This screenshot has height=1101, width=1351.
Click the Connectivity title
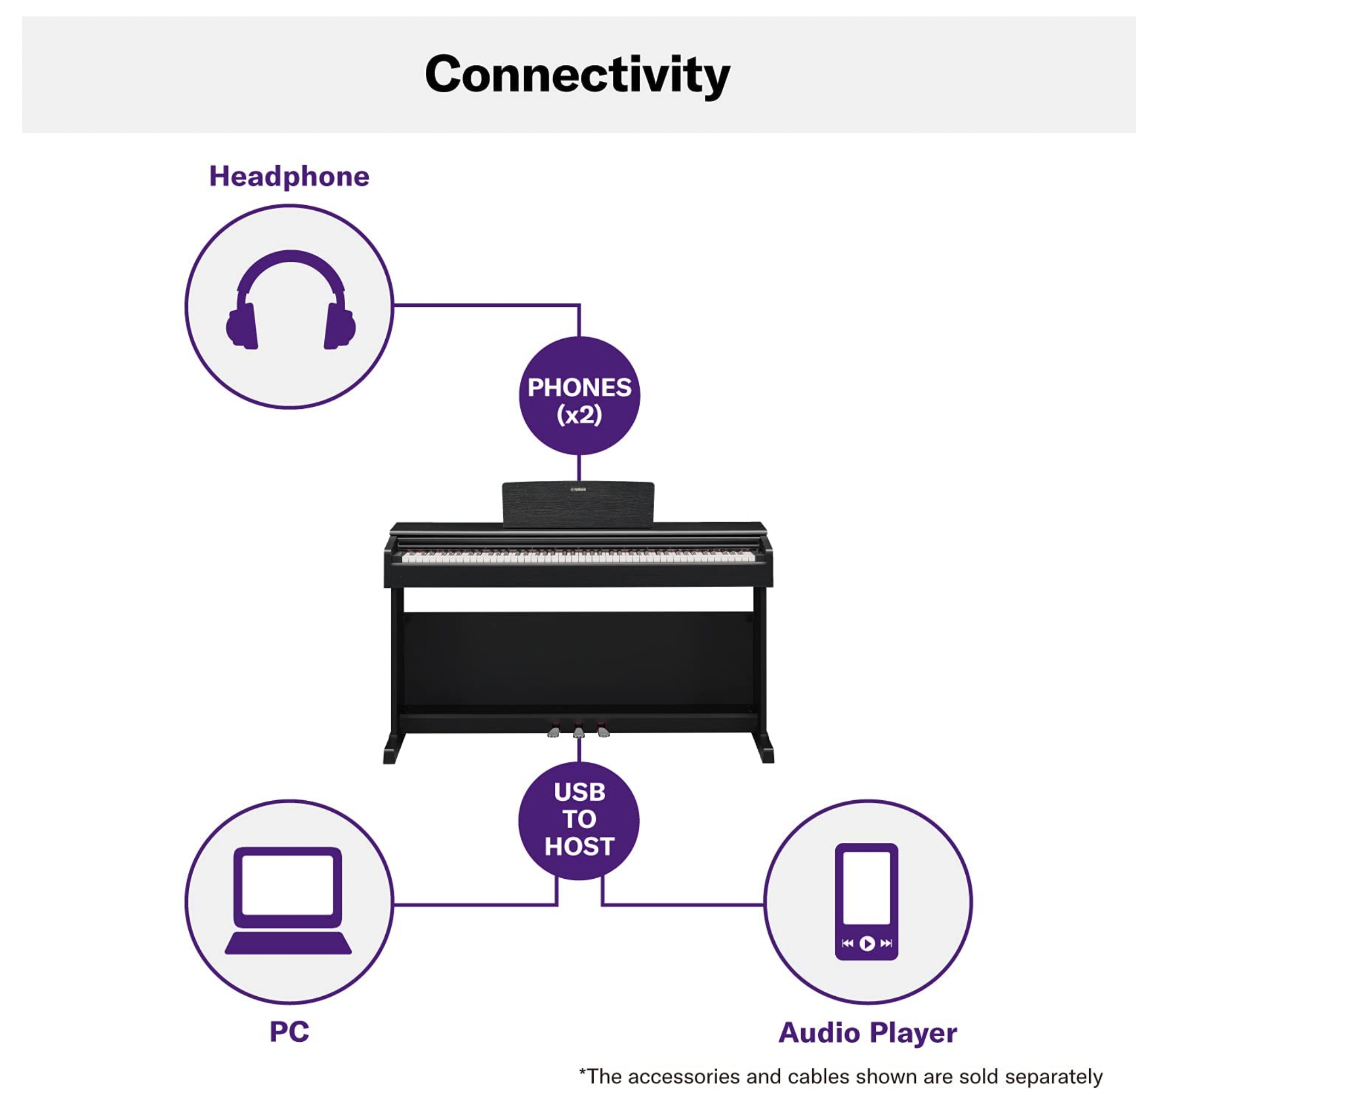coord(576,75)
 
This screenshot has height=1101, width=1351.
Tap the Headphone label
coord(289,176)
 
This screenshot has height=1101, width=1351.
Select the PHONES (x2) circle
coord(579,395)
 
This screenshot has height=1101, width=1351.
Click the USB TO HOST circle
coord(579,819)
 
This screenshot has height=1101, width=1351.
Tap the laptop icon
coord(289,900)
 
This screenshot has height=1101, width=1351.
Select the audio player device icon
coord(866,901)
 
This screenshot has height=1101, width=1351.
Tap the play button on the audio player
coord(866,943)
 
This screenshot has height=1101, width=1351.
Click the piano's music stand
coord(578,504)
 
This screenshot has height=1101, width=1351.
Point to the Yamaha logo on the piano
coord(578,490)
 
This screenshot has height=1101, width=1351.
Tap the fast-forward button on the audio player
coord(886,943)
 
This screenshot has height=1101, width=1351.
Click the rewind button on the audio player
coord(847,943)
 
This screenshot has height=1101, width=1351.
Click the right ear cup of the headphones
coord(339,327)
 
